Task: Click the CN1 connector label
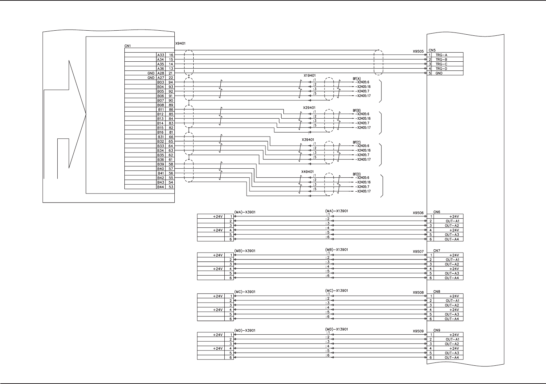coord(127,46)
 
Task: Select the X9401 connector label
coord(180,43)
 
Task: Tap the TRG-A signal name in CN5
coord(441,55)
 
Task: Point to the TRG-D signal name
coord(441,69)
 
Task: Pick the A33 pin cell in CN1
coord(160,55)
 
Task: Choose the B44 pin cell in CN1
coord(160,187)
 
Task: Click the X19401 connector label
coord(310,76)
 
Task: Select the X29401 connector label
coord(309,108)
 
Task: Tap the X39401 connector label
coord(308,140)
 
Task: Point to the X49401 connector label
coord(308,172)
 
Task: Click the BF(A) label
coord(356,79)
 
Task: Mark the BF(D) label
coord(356,174)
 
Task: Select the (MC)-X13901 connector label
coord(336,291)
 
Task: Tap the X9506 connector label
coord(418,213)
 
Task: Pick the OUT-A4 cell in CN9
coord(452,358)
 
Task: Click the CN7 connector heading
coord(437,251)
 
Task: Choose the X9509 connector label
coord(418,331)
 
